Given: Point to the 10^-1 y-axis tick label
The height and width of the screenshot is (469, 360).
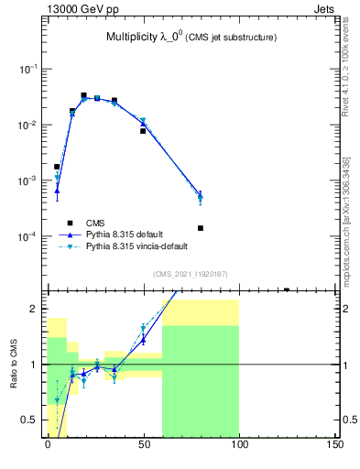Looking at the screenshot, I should coord(27,70).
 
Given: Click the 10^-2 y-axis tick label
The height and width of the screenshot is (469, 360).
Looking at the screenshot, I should coord(27,125).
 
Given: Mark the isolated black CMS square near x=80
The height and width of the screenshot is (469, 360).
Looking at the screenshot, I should coord(200,228).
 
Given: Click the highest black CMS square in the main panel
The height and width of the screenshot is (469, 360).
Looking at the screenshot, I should coord(83,95).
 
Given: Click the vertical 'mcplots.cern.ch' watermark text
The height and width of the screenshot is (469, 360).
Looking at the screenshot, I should coord(348,229).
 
